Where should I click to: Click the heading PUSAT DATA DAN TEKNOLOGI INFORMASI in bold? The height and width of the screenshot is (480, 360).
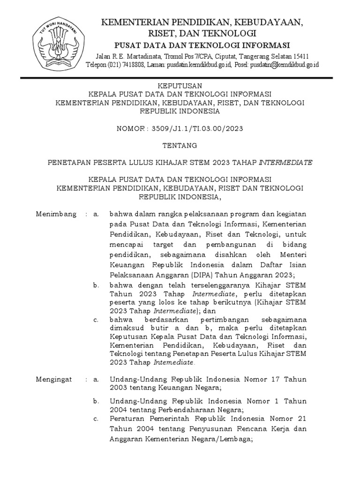[x=202, y=45]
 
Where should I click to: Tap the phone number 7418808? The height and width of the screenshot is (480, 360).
[x=134, y=65]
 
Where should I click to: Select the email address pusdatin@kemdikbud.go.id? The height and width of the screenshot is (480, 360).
[x=284, y=65]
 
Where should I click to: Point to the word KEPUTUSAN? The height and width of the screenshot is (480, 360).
[x=180, y=85]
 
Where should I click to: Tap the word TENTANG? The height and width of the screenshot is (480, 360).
[x=180, y=145]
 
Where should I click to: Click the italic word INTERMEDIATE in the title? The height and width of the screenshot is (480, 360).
[x=285, y=162]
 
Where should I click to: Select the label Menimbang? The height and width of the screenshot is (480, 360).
[x=56, y=214]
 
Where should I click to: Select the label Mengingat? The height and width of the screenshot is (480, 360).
[x=54, y=379]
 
